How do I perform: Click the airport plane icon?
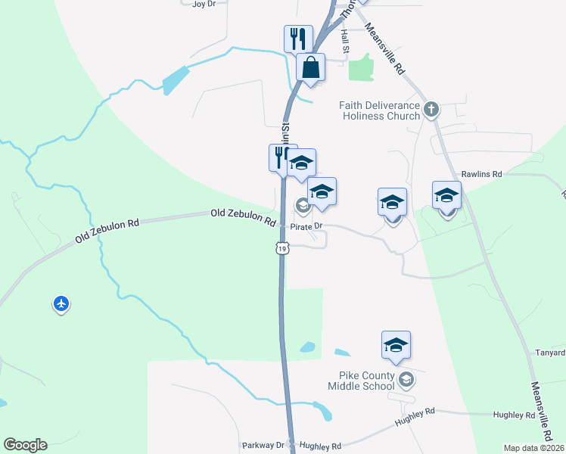(61, 304)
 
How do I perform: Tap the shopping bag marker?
(310, 67)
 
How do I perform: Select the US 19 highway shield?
(282, 248)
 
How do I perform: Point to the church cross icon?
(431, 110)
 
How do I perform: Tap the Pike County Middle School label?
(362, 381)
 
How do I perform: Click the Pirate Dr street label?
(308, 225)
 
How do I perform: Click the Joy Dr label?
(204, 4)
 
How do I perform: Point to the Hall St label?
(344, 36)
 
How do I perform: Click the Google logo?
(25, 445)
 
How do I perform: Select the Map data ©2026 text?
(533, 448)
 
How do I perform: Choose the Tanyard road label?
(550, 353)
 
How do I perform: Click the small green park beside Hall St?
(361, 68)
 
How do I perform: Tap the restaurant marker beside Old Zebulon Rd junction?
(279, 157)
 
